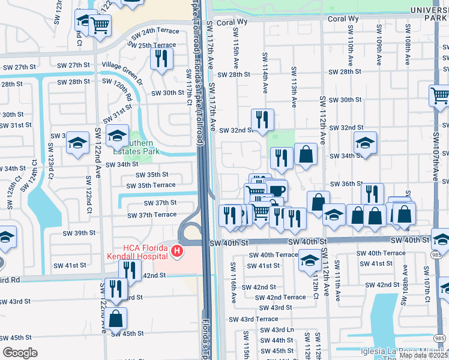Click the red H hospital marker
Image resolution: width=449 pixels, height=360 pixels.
pos(176,250)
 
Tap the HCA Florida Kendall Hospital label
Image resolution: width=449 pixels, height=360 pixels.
pos(139,253)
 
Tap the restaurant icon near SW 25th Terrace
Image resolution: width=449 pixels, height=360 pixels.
pos(161,58)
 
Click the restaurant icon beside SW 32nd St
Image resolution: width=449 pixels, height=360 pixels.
pos(262,119)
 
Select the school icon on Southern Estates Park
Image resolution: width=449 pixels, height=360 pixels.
pos(117,136)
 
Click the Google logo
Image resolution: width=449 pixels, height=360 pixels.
pos(20,353)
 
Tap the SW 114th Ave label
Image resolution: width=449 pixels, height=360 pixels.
pos(265,73)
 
